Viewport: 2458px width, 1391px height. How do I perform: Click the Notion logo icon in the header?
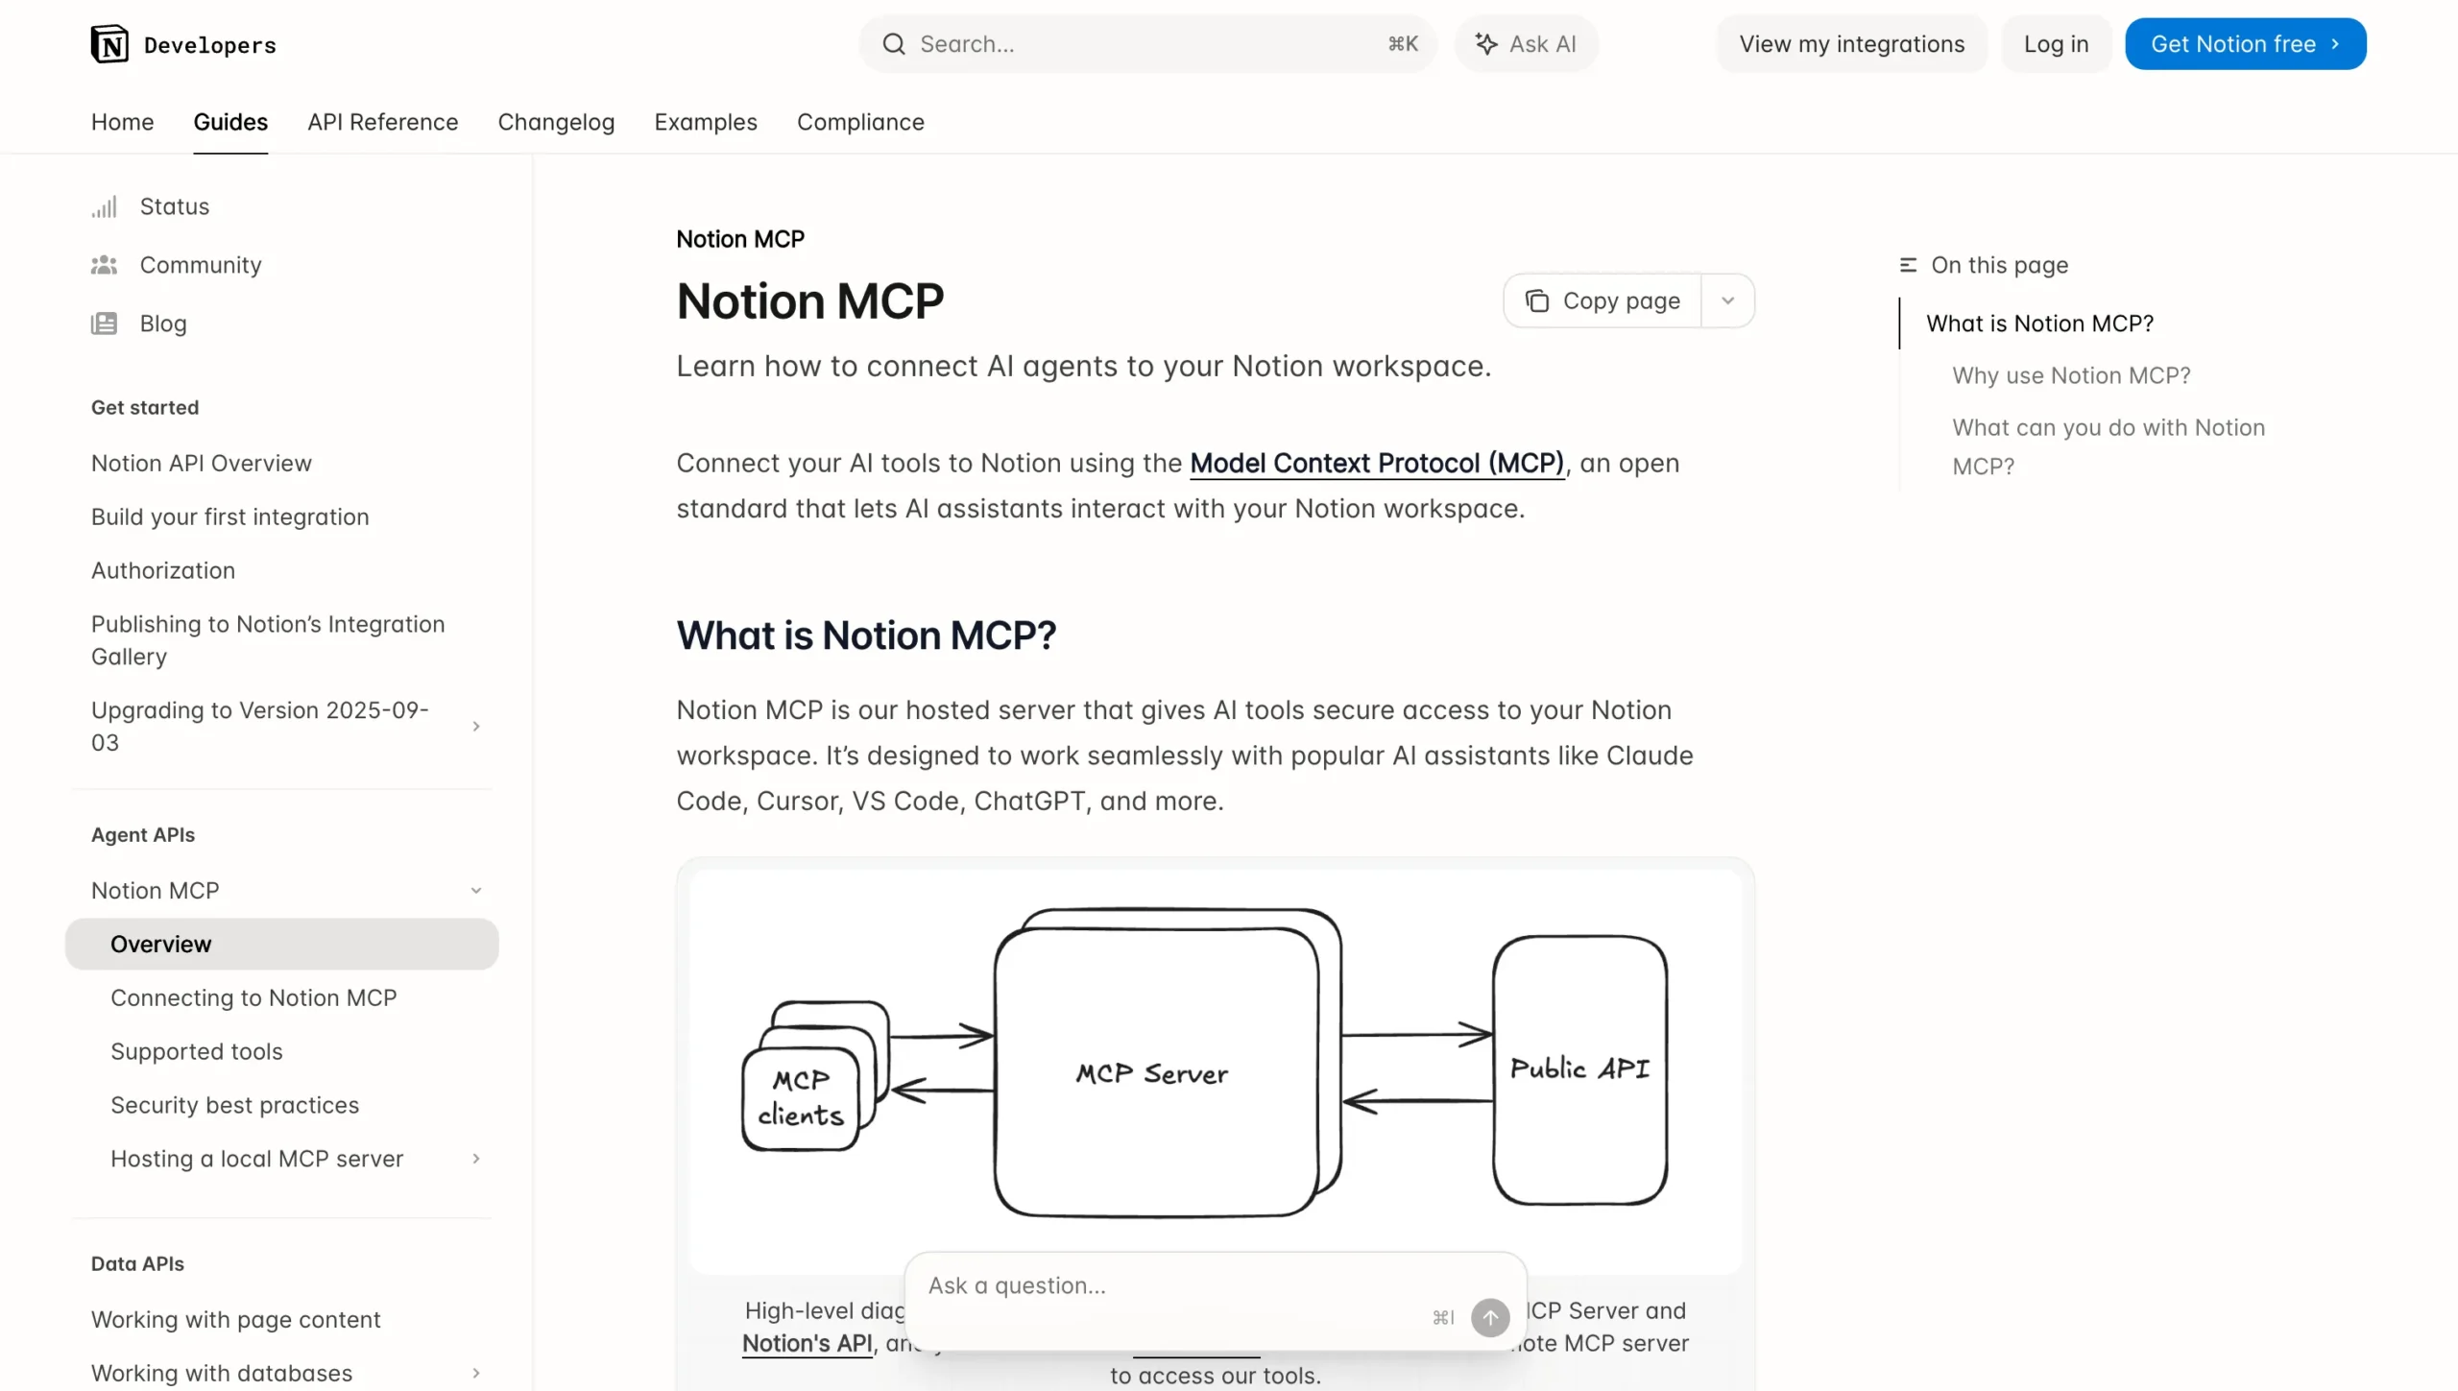tap(109, 44)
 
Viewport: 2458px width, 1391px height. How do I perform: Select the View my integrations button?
tap(1851, 44)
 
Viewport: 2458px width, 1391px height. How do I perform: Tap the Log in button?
tap(2056, 44)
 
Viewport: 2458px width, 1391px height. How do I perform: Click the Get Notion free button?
tap(2245, 44)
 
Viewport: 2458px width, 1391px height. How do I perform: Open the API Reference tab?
tap(382, 122)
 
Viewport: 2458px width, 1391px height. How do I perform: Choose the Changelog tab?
tap(556, 122)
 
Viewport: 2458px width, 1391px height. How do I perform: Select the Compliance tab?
tap(860, 122)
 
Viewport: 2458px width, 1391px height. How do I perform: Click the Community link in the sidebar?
tap(201, 265)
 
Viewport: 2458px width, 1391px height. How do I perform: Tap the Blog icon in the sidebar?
tap(104, 324)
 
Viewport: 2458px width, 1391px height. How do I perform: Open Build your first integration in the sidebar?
tap(229, 516)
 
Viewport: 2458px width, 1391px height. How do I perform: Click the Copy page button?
tap(1603, 301)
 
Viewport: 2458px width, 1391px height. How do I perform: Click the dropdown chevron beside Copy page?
tap(1727, 301)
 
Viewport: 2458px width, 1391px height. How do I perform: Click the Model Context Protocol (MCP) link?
tap(1377, 463)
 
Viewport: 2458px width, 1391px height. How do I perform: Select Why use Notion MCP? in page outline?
tap(2071, 375)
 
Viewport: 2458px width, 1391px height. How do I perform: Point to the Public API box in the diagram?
tap(1579, 1069)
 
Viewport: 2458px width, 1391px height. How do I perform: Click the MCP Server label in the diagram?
tap(1151, 1073)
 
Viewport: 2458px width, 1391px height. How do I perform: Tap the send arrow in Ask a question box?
tap(1490, 1317)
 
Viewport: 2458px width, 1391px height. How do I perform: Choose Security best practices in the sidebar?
tap(234, 1105)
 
